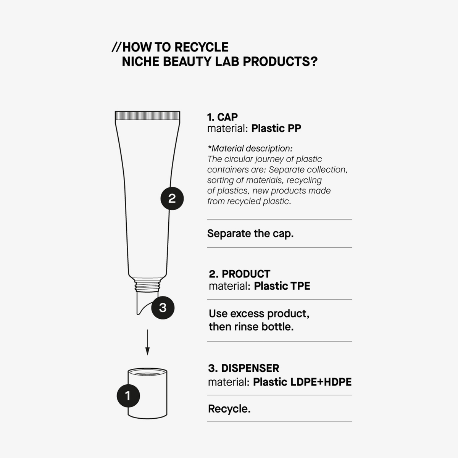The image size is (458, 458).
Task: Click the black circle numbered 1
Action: (128, 396)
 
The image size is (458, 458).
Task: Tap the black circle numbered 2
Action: (172, 198)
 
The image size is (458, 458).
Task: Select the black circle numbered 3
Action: (163, 308)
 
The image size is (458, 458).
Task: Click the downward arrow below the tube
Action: (147, 342)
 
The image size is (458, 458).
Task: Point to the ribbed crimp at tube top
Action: (147, 115)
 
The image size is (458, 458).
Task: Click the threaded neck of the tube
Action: (147, 286)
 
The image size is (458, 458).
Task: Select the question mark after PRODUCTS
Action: (314, 61)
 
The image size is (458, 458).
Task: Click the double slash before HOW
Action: (117, 47)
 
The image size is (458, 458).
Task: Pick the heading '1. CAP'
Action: (222, 117)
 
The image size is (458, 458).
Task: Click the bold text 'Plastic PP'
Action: (276, 128)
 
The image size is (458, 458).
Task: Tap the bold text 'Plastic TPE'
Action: (282, 286)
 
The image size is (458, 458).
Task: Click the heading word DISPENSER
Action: (250, 368)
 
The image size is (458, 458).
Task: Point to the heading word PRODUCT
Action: (246, 274)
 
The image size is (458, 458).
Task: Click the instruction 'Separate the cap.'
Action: (250, 234)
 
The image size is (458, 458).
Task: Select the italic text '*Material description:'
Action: (250, 148)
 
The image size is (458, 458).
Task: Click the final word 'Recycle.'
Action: (229, 409)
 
